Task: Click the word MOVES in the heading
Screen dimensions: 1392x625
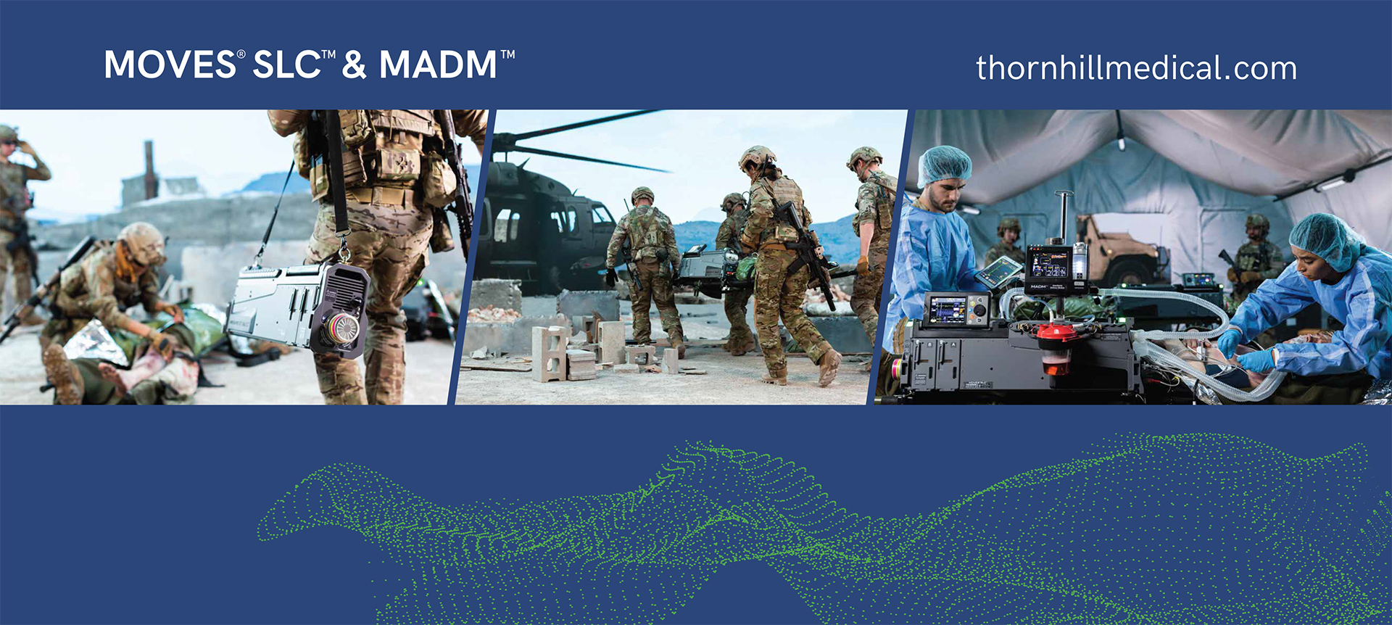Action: click(170, 65)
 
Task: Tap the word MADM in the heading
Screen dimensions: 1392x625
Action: click(438, 65)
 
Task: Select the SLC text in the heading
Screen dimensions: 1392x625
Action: click(286, 65)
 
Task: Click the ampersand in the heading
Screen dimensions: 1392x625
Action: click(355, 65)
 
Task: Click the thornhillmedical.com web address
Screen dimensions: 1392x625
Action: click(1136, 68)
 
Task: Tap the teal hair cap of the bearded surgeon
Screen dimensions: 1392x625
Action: click(944, 165)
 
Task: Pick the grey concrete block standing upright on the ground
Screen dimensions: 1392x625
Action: click(549, 354)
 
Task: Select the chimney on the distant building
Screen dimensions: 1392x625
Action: click(149, 167)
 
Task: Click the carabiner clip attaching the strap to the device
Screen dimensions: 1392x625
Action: click(344, 251)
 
